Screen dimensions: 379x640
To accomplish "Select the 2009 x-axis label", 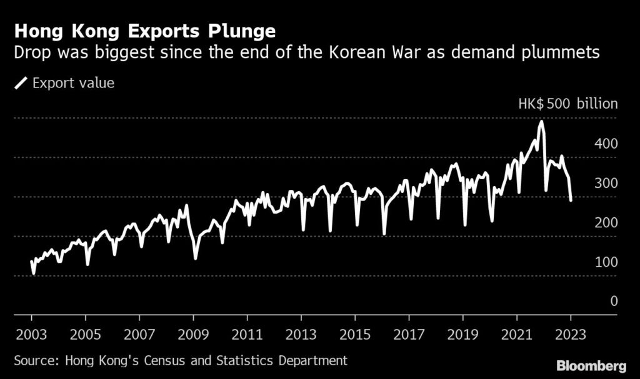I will pyautogui.click(x=193, y=333).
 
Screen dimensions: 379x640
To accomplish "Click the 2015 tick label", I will pyautogui.click(x=355, y=333).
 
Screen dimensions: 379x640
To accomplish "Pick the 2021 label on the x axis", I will pyautogui.click(x=517, y=333).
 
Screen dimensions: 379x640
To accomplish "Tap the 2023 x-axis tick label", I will pyautogui.click(x=571, y=333).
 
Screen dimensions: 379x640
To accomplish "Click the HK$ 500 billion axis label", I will pyautogui.click(x=567, y=104).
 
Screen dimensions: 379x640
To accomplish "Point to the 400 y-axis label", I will pyautogui.click(x=605, y=144).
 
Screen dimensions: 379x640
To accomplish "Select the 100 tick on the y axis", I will pyautogui.click(x=605, y=262).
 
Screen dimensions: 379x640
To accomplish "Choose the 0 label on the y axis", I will pyautogui.click(x=614, y=302).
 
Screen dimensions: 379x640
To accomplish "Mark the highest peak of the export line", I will pyautogui.click(x=541, y=121).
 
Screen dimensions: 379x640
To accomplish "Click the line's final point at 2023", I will pyautogui.click(x=571, y=200).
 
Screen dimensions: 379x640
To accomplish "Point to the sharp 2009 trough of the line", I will pyautogui.click(x=196, y=258).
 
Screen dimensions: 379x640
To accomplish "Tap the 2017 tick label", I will pyautogui.click(x=409, y=333).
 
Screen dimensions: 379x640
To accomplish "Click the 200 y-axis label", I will pyautogui.click(x=605, y=223).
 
